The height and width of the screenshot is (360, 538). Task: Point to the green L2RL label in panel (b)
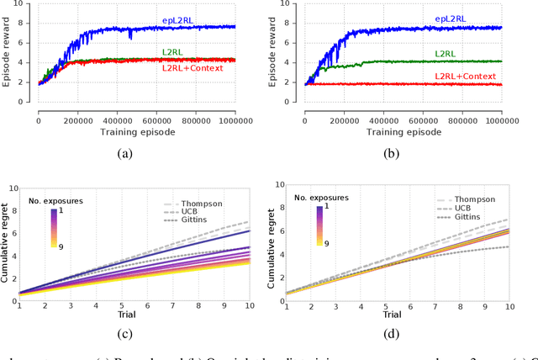(446, 53)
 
